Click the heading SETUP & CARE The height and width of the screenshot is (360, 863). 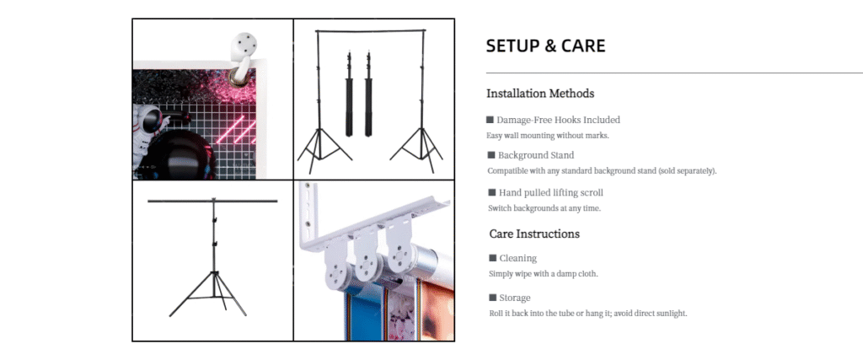click(545, 46)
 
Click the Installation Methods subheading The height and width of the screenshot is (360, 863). click(540, 93)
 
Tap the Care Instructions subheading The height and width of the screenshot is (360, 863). click(533, 234)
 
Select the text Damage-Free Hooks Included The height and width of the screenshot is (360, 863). click(558, 120)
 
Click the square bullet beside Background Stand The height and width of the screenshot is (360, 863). click(491, 155)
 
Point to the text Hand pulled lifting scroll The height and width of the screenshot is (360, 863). click(551, 193)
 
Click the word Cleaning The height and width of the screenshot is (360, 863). click(518, 258)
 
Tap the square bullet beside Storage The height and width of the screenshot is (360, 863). click(492, 298)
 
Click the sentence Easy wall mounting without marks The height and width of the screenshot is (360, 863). click(547, 136)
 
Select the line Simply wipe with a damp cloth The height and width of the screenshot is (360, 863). click(544, 273)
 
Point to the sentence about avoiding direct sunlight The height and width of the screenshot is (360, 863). click(587, 314)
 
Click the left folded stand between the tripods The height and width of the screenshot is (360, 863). click(349, 94)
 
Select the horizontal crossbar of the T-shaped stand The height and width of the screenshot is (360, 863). click(212, 201)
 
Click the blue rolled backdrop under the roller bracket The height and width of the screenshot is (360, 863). click(362, 313)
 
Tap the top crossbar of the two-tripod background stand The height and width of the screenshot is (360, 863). click(371, 31)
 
